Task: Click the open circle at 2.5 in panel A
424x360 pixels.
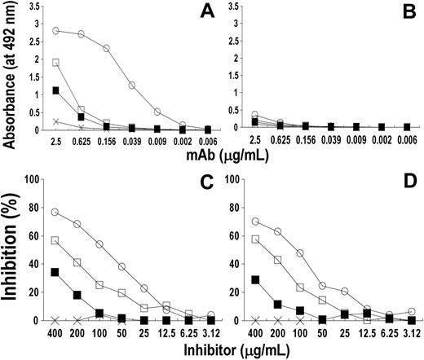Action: [x=55, y=31]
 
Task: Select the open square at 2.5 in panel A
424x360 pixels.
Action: [x=55, y=63]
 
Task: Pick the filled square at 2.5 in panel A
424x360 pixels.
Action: [x=55, y=90]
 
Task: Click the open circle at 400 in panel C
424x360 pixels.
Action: [x=55, y=212]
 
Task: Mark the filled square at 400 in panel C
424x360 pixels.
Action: [x=55, y=272]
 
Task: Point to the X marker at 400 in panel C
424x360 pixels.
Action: [x=55, y=320]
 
